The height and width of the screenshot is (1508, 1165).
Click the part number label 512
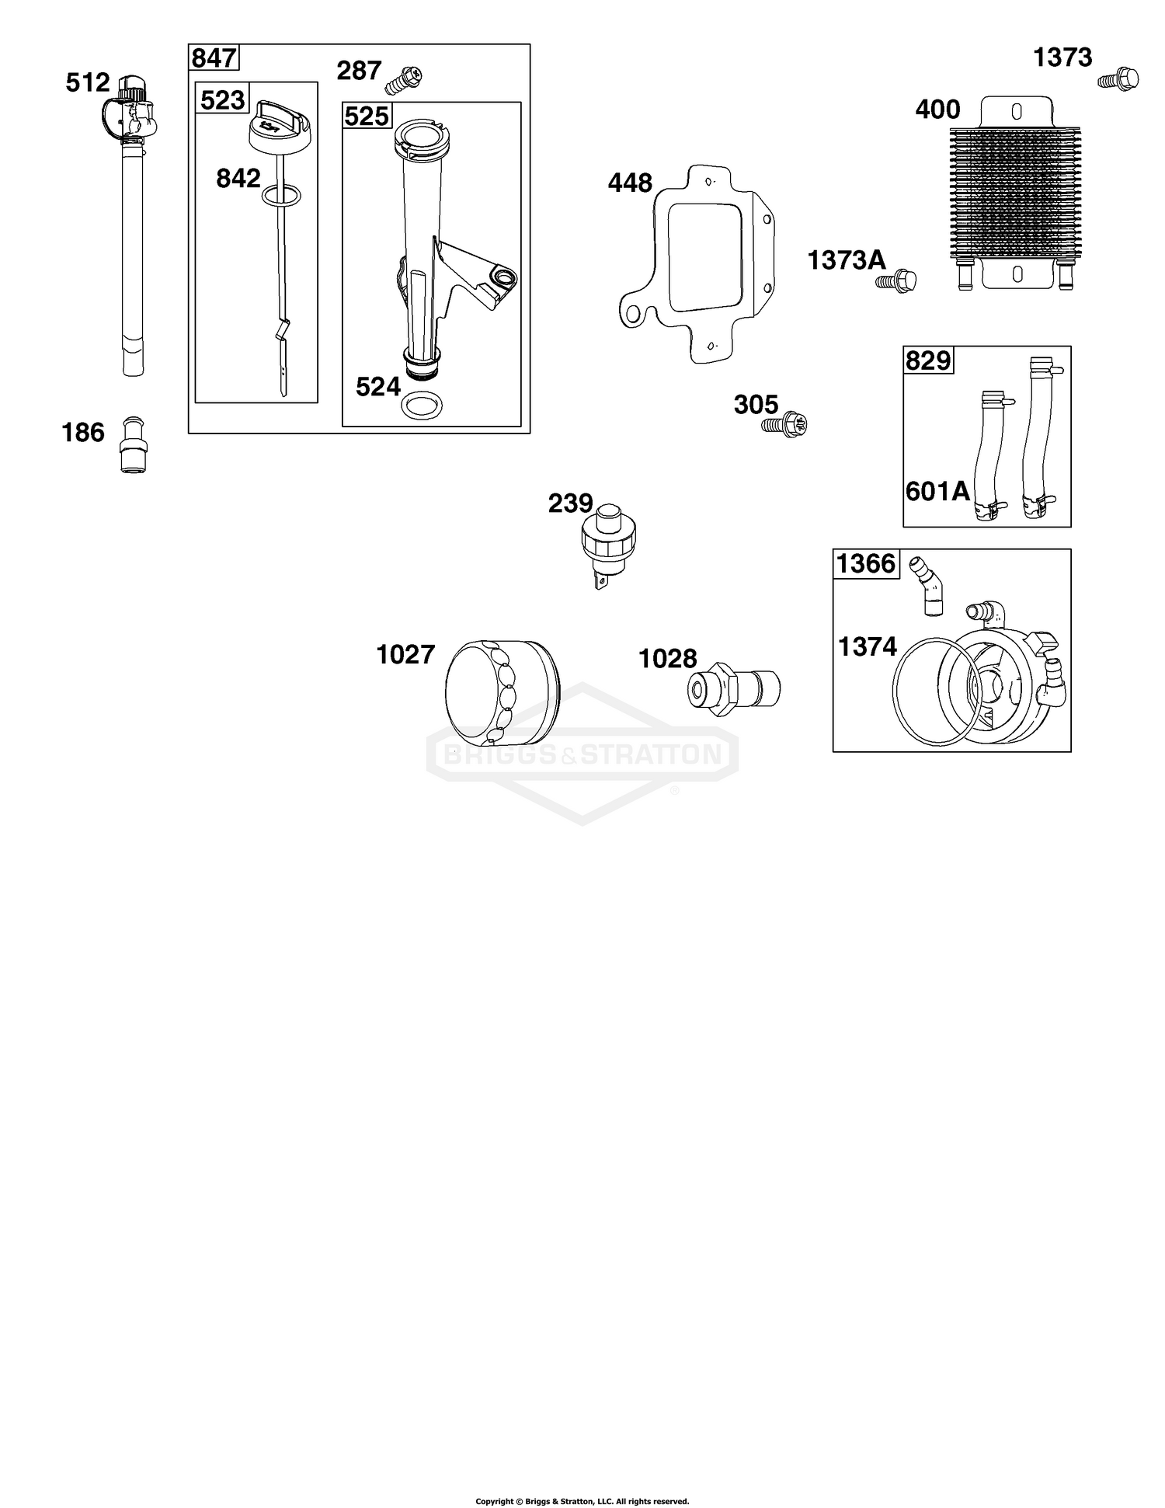(x=87, y=82)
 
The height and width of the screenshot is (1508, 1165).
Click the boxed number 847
(x=214, y=58)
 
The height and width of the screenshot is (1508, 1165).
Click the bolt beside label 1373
(x=1119, y=78)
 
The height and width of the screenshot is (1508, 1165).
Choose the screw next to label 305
(x=786, y=424)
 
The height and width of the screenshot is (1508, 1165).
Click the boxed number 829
(x=928, y=360)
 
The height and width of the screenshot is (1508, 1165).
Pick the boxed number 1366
(x=866, y=563)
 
